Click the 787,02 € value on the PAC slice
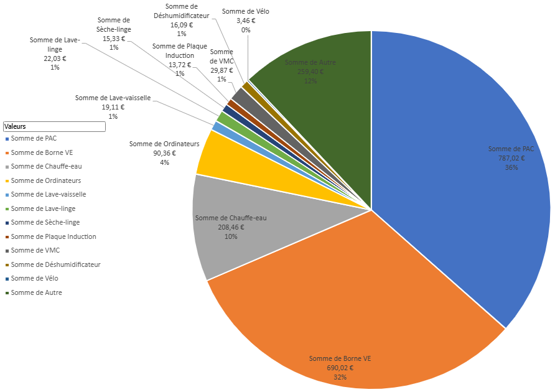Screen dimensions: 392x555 tap(511, 158)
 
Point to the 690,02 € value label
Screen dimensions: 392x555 tap(340, 368)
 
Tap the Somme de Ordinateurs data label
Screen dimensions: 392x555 tap(164, 144)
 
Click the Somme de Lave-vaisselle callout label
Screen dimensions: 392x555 tap(113, 98)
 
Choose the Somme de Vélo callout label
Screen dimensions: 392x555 tap(245, 11)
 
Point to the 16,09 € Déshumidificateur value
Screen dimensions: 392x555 tap(182, 25)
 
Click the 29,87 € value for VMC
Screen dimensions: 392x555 tap(222, 70)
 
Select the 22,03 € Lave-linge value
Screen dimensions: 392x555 tap(55, 58)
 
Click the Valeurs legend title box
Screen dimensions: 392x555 tap(54, 126)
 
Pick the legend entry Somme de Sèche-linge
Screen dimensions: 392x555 tap(45, 222)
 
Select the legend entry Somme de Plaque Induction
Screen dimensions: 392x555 tap(53, 236)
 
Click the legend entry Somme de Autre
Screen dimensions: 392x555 tap(36, 292)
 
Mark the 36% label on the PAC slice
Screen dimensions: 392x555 tap(511, 167)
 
